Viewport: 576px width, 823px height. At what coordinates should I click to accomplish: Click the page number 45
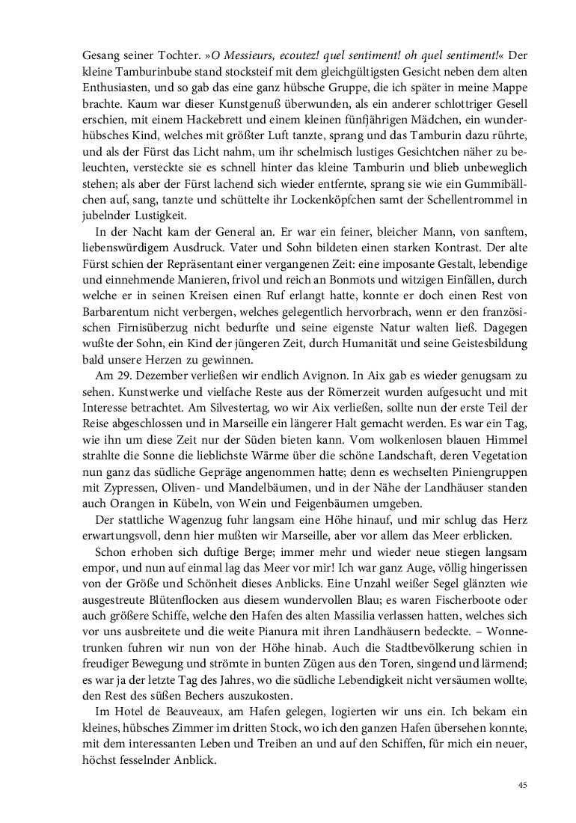click(523, 784)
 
